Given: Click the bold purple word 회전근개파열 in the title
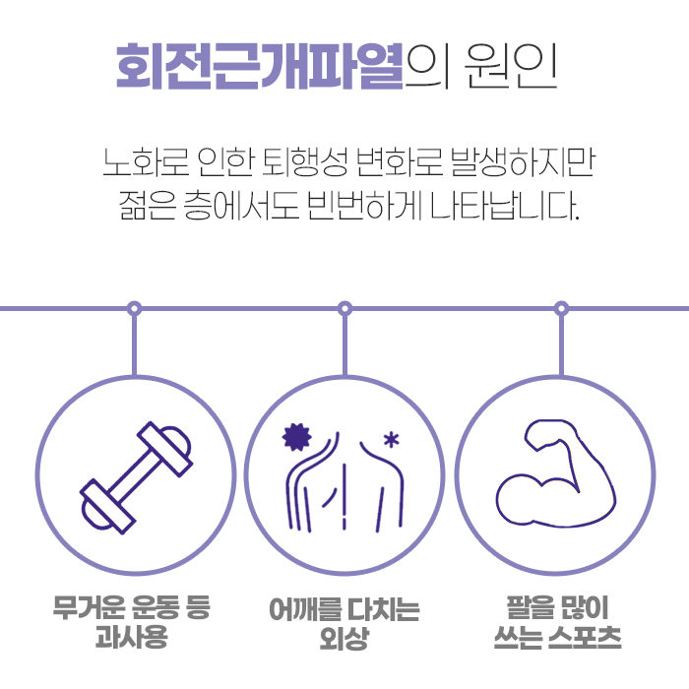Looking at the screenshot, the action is click(x=260, y=66).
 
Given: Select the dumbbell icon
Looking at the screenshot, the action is click(x=136, y=478).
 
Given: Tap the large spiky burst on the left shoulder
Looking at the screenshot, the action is click(x=294, y=435).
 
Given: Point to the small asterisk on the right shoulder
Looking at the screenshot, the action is click(x=392, y=439).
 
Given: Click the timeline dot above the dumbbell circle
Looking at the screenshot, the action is click(x=135, y=308).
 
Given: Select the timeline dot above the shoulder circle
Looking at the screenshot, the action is click(x=344, y=308).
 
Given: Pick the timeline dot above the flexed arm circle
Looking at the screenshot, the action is click(x=561, y=308).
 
